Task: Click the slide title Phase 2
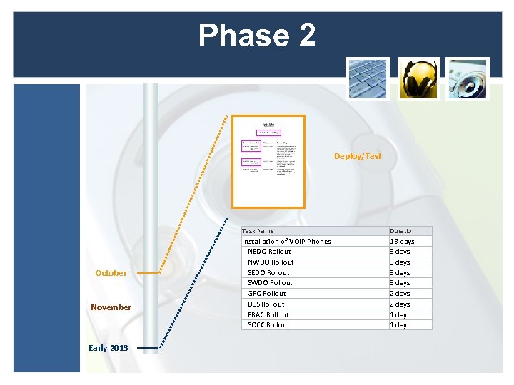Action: [x=257, y=35]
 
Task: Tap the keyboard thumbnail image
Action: [x=368, y=78]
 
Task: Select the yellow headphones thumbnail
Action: [x=418, y=78]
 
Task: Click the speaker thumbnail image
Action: [x=468, y=78]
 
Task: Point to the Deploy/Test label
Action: [x=358, y=156]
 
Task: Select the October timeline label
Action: [x=111, y=273]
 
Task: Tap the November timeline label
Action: [x=111, y=307]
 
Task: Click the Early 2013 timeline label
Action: [x=109, y=348]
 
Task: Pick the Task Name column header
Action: [x=258, y=231]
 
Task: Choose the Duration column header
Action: [x=403, y=231]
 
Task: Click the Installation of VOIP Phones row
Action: [x=286, y=241]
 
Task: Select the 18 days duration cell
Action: [x=402, y=241]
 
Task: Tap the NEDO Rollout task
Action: [x=269, y=252]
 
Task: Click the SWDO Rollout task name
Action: [x=270, y=283]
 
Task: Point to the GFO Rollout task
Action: [x=266, y=293]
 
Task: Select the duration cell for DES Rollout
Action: [x=400, y=304]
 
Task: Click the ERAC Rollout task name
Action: [x=268, y=314]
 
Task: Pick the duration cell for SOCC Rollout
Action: [x=398, y=325]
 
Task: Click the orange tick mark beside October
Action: [x=148, y=273]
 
